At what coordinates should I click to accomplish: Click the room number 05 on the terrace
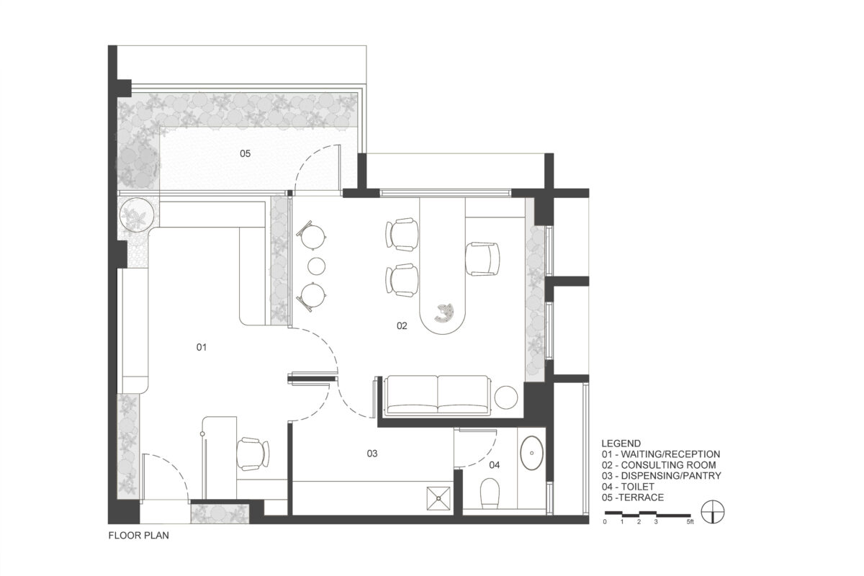pyautogui.click(x=245, y=153)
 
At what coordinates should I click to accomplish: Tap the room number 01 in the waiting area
pyautogui.click(x=202, y=347)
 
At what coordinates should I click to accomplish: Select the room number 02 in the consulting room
pyautogui.click(x=402, y=326)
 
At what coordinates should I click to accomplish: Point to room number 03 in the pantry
pyautogui.click(x=372, y=454)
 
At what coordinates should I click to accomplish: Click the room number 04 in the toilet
pyautogui.click(x=495, y=465)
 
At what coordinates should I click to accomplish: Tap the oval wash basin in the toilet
pyautogui.click(x=532, y=453)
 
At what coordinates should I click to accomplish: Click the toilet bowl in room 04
pyautogui.click(x=490, y=492)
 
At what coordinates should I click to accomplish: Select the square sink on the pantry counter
pyautogui.click(x=438, y=498)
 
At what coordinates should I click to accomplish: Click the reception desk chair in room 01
pyautogui.click(x=253, y=454)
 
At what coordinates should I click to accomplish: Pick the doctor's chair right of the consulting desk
pyautogui.click(x=482, y=259)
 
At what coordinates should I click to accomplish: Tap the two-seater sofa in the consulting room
pyautogui.click(x=438, y=396)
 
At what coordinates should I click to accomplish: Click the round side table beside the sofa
pyautogui.click(x=506, y=397)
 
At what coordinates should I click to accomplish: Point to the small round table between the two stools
pyautogui.click(x=317, y=266)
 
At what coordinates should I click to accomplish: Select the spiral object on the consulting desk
pyautogui.click(x=445, y=312)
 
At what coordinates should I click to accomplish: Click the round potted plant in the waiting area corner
pyautogui.click(x=137, y=215)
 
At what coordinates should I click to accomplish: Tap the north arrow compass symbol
pyautogui.click(x=712, y=512)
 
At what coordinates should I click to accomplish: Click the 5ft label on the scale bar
pyautogui.click(x=690, y=522)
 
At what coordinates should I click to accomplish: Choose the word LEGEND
pyautogui.click(x=621, y=444)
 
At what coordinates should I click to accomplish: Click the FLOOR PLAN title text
pyautogui.click(x=138, y=536)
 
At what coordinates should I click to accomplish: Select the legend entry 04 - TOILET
pyautogui.click(x=628, y=487)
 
